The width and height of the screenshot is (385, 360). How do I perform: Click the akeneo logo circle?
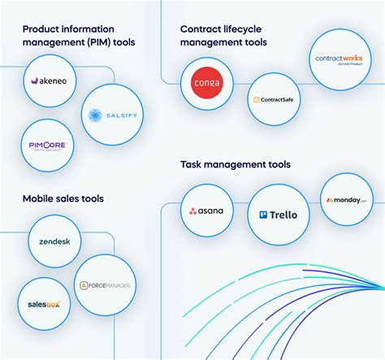pyautogui.click(x=54, y=82)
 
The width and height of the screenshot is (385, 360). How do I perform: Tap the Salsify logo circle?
pyautogui.click(x=114, y=115)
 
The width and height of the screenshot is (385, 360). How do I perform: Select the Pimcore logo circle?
pyautogui.click(x=47, y=145)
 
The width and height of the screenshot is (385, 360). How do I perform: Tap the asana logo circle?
pyautogui.click(x=207, y=211)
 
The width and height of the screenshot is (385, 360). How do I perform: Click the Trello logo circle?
pyautogui.click(x=278, y=215)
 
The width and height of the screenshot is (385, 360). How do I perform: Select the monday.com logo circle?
pyautogui.click(x=347, y=199)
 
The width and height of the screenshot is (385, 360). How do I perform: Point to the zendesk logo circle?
pyautogui.click(x=54, y=241)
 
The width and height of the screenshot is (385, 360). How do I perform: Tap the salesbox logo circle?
pyautogui.click(x=37, y=305)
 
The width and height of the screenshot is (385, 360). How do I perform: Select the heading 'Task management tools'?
pyautogui.click(x=236, y=165)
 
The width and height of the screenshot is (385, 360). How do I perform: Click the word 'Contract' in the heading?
pyautogui.click(x=201, y=29)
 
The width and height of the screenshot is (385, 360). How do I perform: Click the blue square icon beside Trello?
pyautogui.click(x=263, y=215)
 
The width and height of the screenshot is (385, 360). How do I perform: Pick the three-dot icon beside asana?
pyautogui.click(x=193, y=212)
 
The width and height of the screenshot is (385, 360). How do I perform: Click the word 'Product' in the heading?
pyautogui.click(x=42, y=29)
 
